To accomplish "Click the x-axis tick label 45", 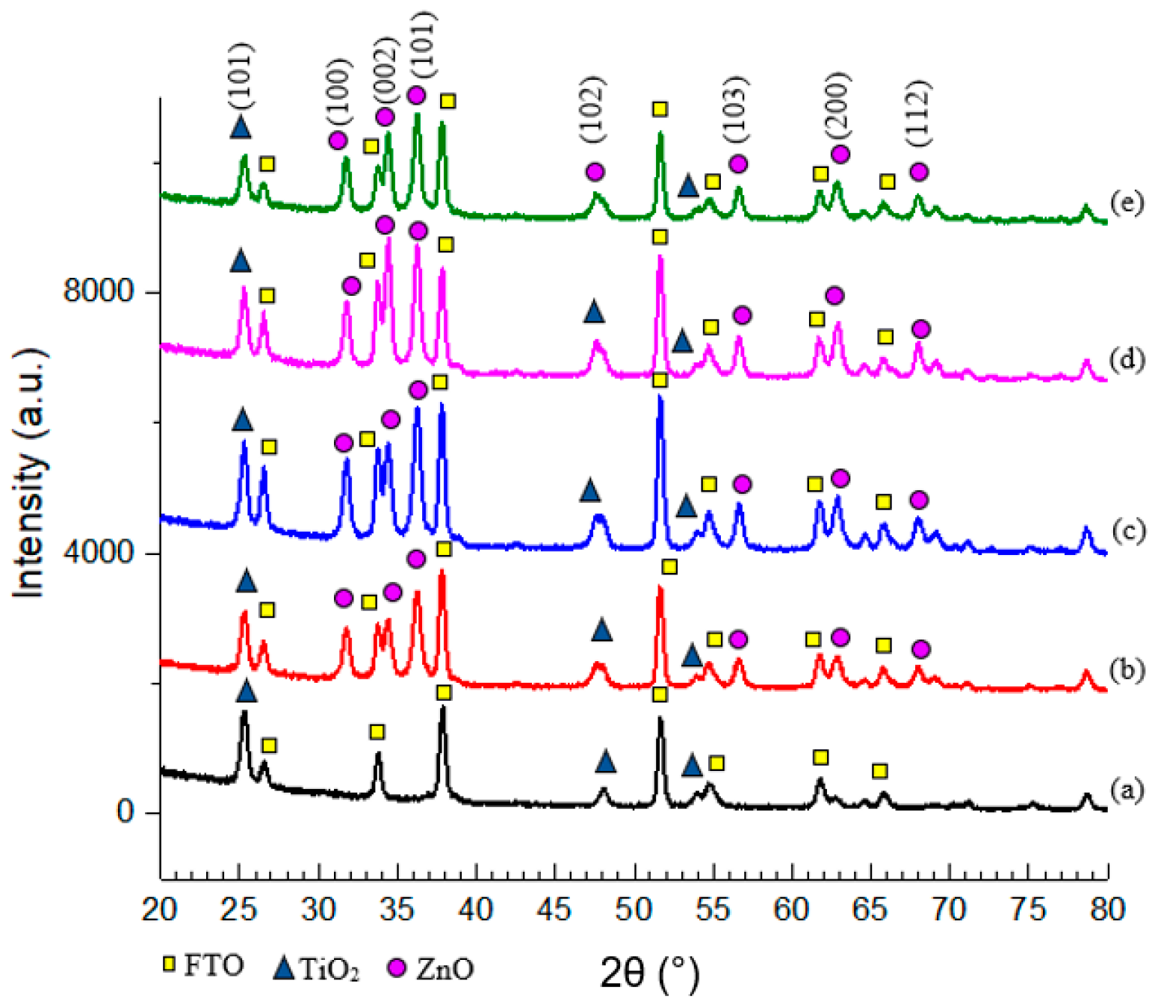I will click(x=554, y=909).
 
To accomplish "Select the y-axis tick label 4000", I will click(x=98, y=553).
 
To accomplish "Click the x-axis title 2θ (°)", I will click(x=649, y=973).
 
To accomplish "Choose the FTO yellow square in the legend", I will click(x=170, y=964).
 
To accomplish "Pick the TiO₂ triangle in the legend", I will click(x=284, y=969).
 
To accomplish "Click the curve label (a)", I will click(x=1127, y=789).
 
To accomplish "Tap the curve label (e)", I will click(x=1127, y=203).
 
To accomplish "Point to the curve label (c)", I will click(x=1127, y=530).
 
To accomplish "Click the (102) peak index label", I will click(x=592, y=110).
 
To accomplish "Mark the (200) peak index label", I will click(x=838, y=105).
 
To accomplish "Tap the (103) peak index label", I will click(x=736, y=110).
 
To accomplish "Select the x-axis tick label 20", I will click(x=160, y=909).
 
